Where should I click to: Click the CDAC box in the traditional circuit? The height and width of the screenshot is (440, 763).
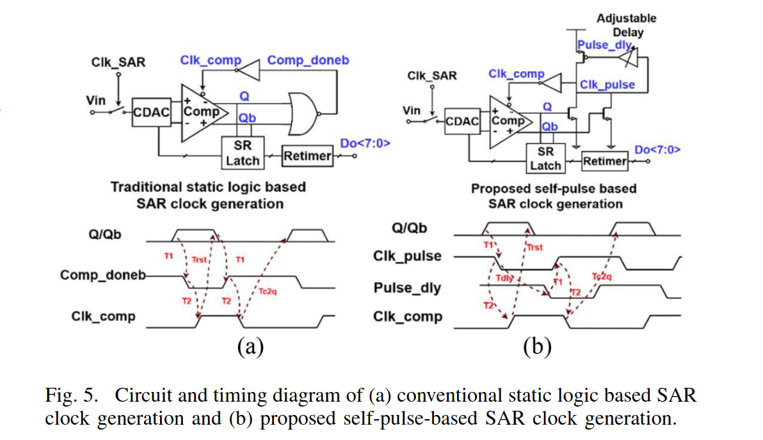(152, 112)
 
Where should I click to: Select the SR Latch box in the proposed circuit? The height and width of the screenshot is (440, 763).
(545, 158)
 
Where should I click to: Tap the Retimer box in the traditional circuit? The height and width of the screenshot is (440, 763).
(307, 156)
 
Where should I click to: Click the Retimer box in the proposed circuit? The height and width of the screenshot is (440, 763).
(605, 161)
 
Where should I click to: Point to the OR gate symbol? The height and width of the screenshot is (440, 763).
(303, 113)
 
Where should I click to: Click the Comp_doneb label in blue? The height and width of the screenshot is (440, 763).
(308, 60)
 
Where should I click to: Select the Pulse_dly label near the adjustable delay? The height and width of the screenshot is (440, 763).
(604, 45)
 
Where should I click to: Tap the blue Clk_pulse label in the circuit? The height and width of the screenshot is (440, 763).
(607, 85)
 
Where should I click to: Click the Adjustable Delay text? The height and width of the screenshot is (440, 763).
(627, 25)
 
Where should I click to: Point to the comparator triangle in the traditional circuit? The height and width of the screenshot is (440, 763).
(202, 113)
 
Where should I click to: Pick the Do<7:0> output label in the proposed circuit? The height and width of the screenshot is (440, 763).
(657, 150)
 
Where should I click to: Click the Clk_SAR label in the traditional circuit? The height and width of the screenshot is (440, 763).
(118, 63)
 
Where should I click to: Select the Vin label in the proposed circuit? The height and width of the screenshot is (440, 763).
(412, 111)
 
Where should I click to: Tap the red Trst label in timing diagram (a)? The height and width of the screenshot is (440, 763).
(199, 260)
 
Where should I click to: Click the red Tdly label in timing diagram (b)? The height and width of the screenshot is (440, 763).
(505, 278)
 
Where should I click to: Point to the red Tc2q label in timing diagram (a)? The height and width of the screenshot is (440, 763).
(268, 292)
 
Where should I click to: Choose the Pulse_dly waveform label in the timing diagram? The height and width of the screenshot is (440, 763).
(408, 288)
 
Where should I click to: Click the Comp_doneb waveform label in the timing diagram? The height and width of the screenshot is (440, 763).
(103, 275)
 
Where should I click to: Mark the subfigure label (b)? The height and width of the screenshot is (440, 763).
(537, 347)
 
